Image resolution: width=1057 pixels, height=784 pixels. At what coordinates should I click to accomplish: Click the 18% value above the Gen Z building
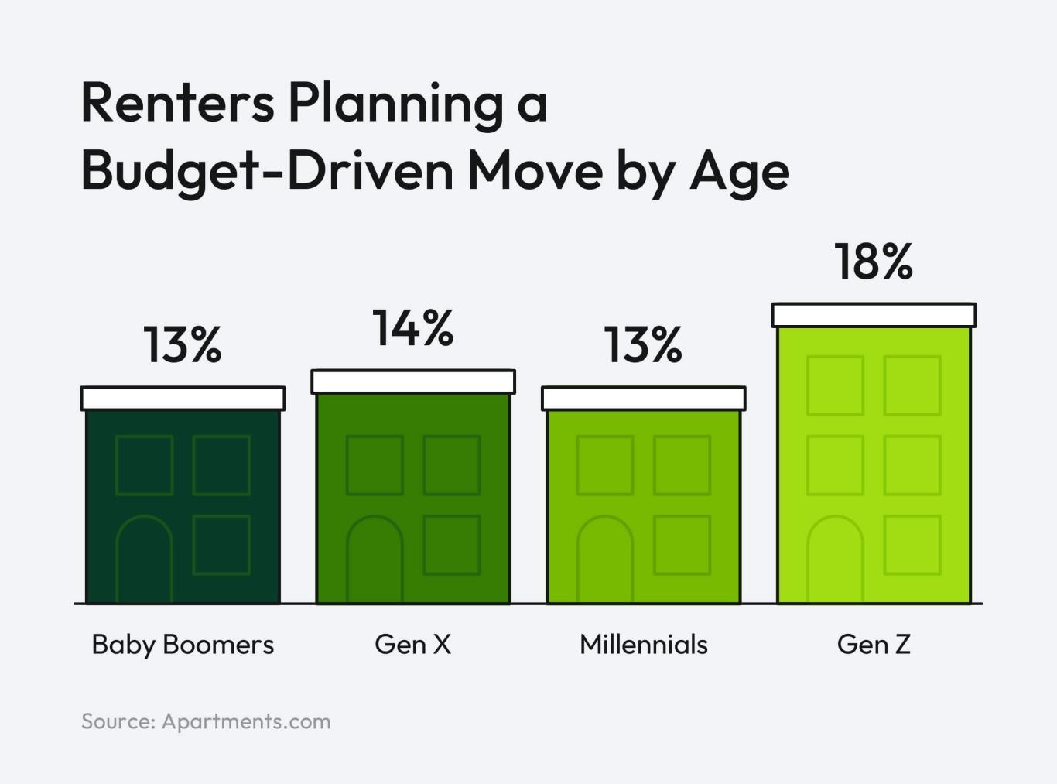(873, 262)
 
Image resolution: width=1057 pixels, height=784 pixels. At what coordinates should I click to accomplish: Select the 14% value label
(412, 328)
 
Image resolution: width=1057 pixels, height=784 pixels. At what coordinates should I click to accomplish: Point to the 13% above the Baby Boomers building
(183, 345)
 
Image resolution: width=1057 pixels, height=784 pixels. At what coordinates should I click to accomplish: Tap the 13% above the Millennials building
(643, 345)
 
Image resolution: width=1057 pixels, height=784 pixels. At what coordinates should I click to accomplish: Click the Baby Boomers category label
(183, 644)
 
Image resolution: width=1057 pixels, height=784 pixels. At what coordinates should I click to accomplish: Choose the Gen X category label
(412, 644)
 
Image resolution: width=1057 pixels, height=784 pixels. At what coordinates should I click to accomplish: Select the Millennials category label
(643, 644)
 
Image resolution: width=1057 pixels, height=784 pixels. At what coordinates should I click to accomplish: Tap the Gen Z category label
(873, 644)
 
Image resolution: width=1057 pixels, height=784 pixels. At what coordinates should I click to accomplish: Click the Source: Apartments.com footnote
(206, 721)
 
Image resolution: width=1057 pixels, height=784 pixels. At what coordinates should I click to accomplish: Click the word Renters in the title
(177, 102)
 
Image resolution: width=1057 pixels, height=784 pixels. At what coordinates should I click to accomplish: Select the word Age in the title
(739, 172)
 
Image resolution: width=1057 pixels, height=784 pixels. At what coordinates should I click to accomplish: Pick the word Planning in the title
(395, 104)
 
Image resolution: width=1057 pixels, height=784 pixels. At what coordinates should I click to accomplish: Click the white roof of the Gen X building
(413, 382)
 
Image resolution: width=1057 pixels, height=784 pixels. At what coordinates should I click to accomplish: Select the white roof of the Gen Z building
(874, 315)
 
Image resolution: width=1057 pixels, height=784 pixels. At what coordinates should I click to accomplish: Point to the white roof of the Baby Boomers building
(183, 399)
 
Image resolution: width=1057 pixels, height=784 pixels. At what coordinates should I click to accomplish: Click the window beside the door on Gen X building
(452, 545)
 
